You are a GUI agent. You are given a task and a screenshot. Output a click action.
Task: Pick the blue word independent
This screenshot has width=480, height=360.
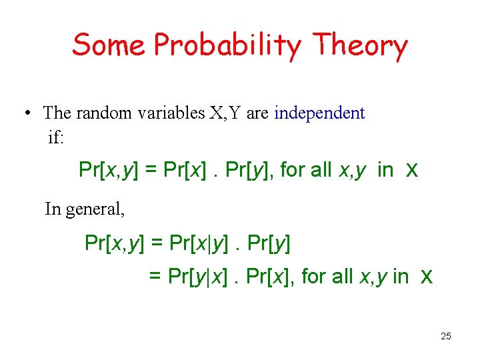319,113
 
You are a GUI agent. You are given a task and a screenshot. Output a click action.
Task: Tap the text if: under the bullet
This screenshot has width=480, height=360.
57,137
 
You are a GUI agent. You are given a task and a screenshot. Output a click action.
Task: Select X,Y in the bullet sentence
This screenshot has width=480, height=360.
226,113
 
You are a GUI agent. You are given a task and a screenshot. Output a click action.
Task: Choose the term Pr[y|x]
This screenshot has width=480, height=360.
199,276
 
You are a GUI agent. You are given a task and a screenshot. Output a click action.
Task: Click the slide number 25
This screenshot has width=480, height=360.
446,336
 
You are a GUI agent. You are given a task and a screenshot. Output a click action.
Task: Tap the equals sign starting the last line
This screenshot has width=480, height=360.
155,276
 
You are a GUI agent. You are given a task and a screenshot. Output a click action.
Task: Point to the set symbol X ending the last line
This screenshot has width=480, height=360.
427,276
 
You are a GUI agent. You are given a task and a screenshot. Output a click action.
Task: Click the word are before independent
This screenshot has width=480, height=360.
257,113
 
